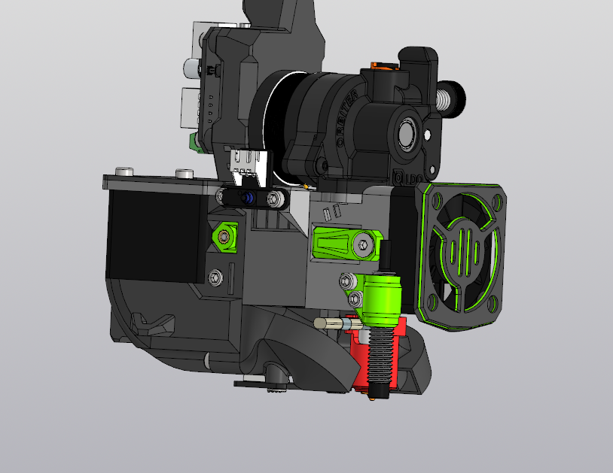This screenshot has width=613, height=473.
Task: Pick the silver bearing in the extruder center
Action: [407, 135]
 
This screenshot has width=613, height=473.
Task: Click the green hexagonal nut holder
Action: [225, 236]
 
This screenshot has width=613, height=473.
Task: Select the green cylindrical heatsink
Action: [384, 299]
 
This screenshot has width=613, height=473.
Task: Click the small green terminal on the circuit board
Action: [194, 142]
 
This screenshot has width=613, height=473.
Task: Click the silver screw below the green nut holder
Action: [218, 277]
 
